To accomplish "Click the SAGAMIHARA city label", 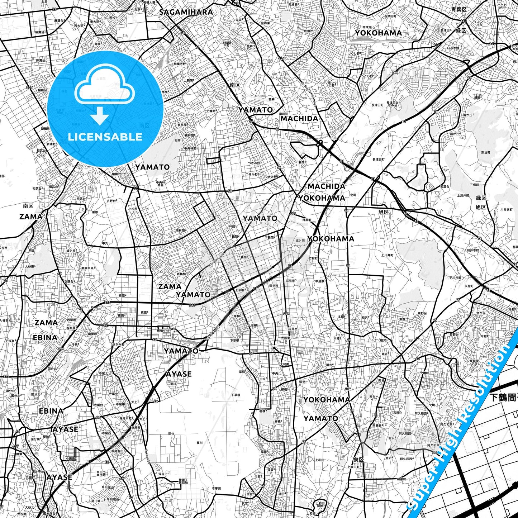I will click(186, 12).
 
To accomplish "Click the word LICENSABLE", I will click(105, 137).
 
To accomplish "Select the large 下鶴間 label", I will click(503, 397).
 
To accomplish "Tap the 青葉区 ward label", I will click(459, 10).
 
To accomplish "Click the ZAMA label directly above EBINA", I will click(46, 323).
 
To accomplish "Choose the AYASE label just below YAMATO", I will click(179, 374).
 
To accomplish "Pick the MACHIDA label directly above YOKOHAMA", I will click(326, 186).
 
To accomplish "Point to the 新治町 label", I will click(485, 152).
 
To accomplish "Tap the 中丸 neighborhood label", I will click(105, 243).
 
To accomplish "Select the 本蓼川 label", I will click(217, 488).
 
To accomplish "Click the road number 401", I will click(293, 214).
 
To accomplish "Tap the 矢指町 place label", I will click(469, 286).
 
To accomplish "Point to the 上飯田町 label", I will click(353, 467).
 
